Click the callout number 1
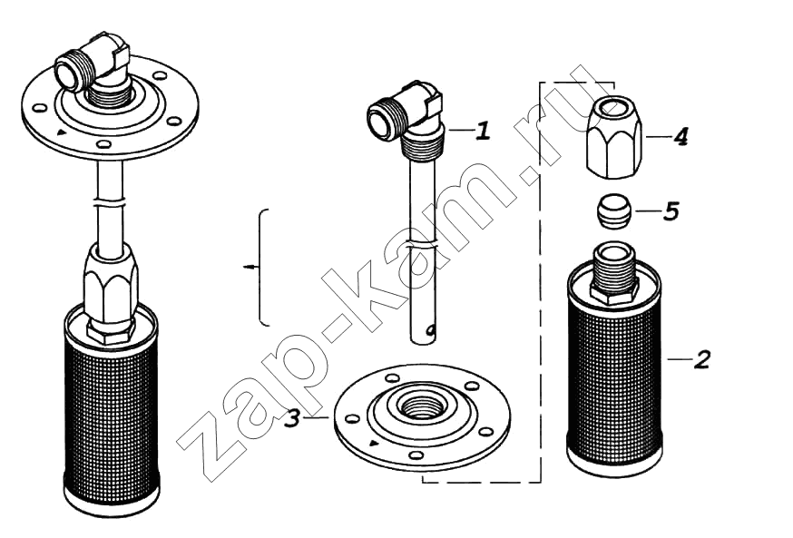coord(484,131)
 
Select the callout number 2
coord(702,359)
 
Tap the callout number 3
coord(292,418)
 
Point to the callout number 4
coord(680,136)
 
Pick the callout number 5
coord(671,210)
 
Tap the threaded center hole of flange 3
coord(420,404)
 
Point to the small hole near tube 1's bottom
coord(431,331)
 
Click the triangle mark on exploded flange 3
coord(374,444)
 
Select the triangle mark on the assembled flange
coord(61,132)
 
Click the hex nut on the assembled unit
coord(111,289)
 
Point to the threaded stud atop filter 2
coord(614,273)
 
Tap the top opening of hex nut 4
coord(614,107)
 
